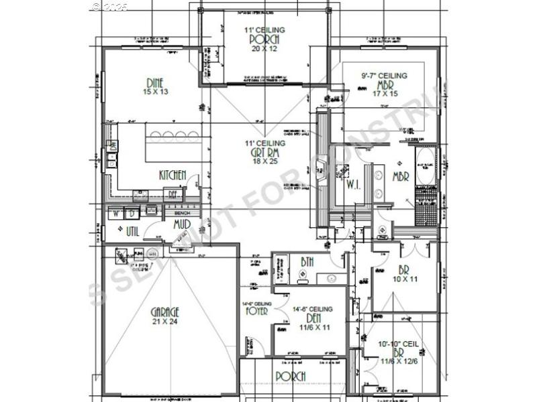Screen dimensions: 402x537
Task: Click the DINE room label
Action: (x=155, y=83)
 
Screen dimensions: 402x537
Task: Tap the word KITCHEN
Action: (x=173, y=175)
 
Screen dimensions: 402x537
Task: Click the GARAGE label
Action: (x=164, y=312)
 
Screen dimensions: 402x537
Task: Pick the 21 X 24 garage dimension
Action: (x=164, y=322)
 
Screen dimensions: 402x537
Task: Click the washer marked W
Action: (x=115, y=215)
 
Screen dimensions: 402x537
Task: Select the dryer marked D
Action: (x=132, y=215)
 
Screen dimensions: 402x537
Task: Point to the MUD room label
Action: (x=182, y=224)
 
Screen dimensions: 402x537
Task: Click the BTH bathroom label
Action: (x=307, y=261)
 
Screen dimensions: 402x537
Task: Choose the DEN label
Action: (x=313, y=318)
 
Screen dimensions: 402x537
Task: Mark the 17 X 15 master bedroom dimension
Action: (x=385, y=94)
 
